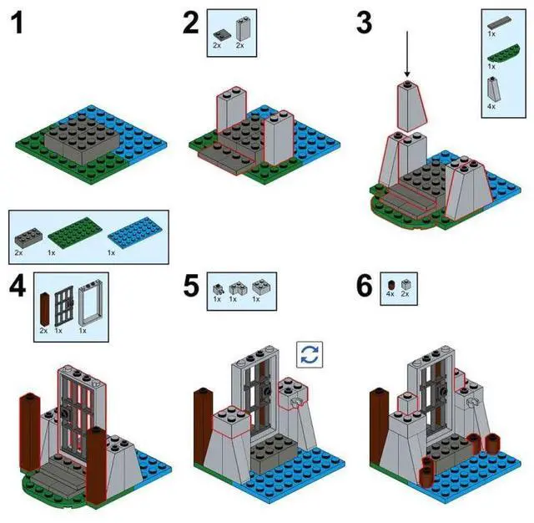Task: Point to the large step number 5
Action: click(191, 287)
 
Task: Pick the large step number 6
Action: click(364, 287)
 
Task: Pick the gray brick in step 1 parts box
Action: click(26, 231)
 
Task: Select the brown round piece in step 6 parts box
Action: click(389, 283)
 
